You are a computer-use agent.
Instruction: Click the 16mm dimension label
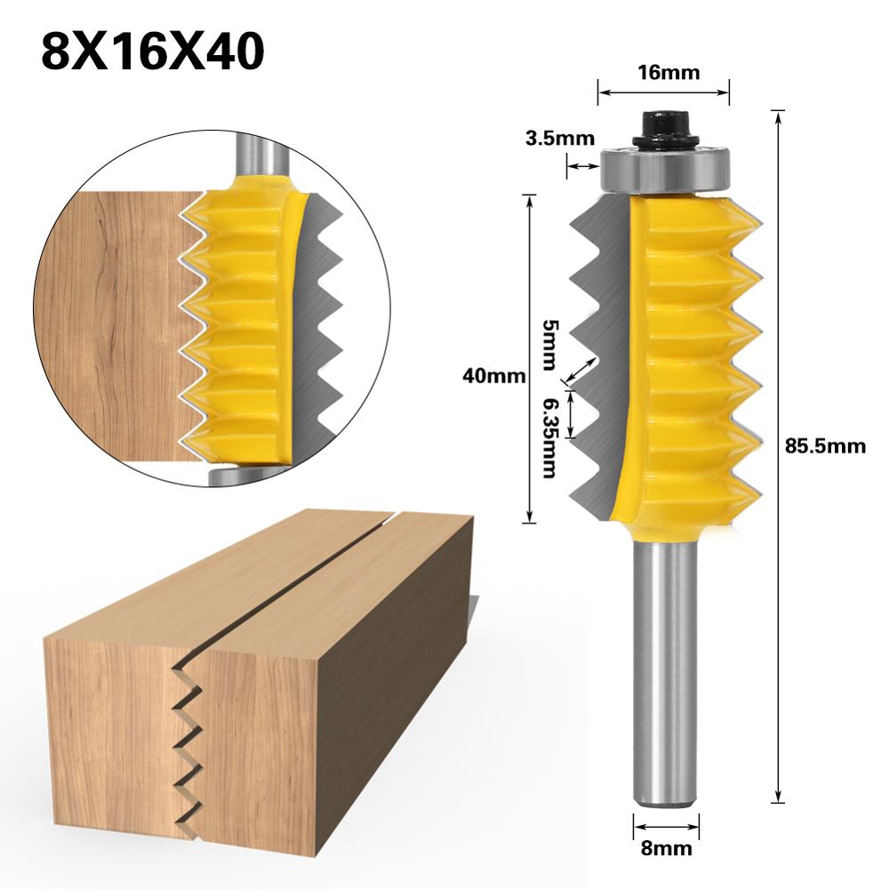pos(662,73)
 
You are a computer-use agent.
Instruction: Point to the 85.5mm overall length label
pos(825,446)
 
